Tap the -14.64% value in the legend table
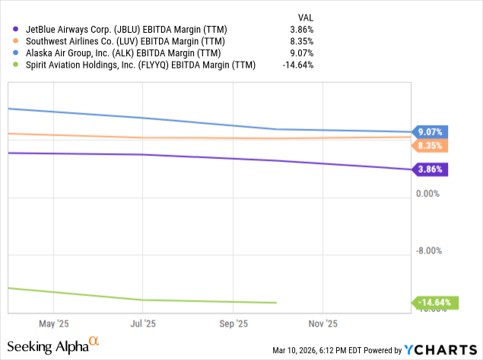click(x=297, y=65)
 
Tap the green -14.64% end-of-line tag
click(x=432, y=302)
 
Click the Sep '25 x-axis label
click(x=233, y=323)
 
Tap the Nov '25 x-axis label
click(x=323, y=323)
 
